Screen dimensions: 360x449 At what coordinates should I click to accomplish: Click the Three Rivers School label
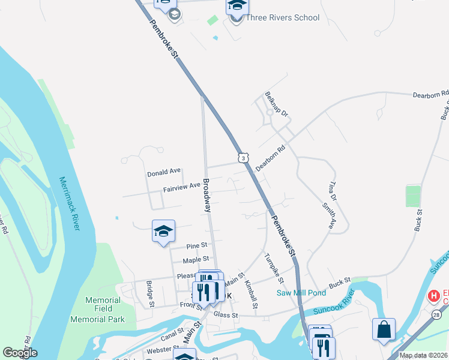[282, 17]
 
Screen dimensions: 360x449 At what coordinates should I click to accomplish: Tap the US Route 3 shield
[242, 157]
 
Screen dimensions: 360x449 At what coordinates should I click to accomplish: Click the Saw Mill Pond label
[301, 293]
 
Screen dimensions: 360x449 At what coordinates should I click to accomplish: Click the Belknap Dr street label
[276, 105]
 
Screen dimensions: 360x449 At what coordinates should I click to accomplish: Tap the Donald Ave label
[164, 174]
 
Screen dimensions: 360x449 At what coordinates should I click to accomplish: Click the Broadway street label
[207, 196]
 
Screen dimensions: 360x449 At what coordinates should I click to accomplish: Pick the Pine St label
[196, 246]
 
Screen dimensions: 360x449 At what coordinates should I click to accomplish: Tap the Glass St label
[226, 315]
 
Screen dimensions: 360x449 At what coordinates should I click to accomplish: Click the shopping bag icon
[384, 330]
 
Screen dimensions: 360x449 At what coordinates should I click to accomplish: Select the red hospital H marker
[433, 296]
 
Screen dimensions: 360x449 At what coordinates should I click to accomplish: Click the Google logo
[20, 353]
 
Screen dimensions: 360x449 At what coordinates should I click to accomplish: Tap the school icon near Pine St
[163, 232]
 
